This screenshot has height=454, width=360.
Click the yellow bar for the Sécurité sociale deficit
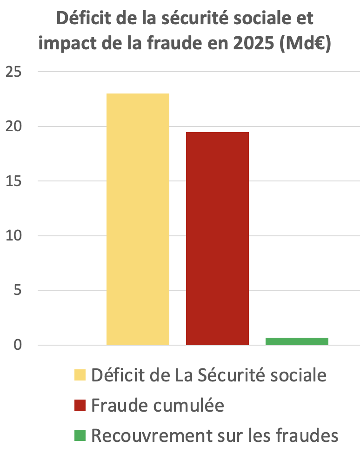[x=138, y=219]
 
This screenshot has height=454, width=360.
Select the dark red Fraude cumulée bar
[x=217, y=238]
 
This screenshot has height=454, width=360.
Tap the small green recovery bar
[x=297, y=341]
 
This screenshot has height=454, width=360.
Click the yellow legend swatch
[x=80, y=375]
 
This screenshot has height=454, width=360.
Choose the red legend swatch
[x=80, y=406]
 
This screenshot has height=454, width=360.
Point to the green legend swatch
[x=80, y=436]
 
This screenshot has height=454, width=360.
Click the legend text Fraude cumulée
[x=158, y=406]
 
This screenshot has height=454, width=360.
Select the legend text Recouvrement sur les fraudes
[x=214, y=436]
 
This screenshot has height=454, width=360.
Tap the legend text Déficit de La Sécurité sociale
[x=209, y=375]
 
